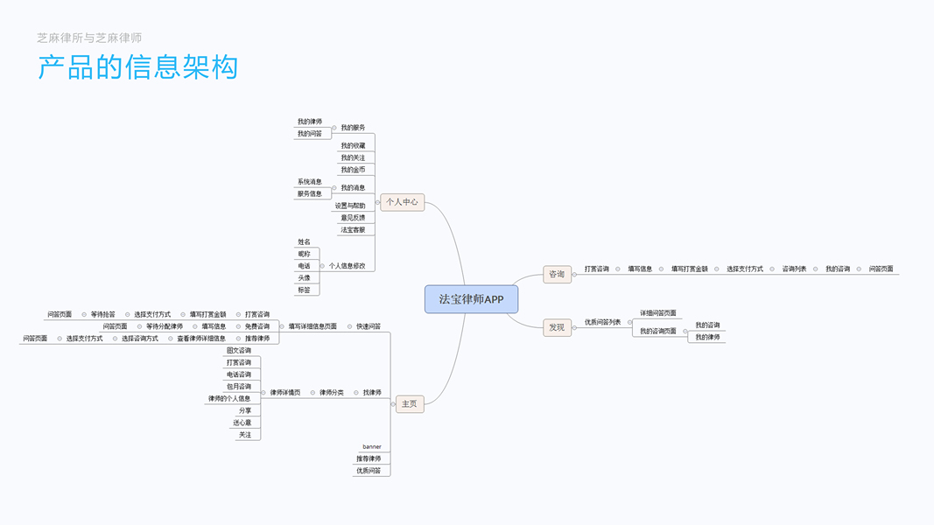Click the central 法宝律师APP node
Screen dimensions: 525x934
[471, 299]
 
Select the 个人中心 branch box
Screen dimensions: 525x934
[402, 202]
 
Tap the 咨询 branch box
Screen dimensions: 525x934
[557, 274]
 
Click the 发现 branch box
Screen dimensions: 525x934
[557, 327]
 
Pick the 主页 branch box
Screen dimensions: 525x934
[409, 404]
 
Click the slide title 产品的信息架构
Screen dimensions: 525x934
[137, 67]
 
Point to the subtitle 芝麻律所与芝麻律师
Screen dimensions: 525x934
[89, 38]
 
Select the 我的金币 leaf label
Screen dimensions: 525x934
[353, 170]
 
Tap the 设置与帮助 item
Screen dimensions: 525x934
[350, 206]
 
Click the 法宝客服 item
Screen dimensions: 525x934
[353, 229]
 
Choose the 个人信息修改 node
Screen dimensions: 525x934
[347, 266]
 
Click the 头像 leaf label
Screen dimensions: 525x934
[304, 278]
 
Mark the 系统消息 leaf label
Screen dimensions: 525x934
[309, 182]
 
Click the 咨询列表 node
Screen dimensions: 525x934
[794, 269]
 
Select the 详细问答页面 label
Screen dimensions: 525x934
[657, 313]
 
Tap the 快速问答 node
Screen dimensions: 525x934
[369, 326]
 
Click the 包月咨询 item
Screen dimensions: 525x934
[239, 387]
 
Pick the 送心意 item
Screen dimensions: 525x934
[242, 423]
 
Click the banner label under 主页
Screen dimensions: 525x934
[371, 447]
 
